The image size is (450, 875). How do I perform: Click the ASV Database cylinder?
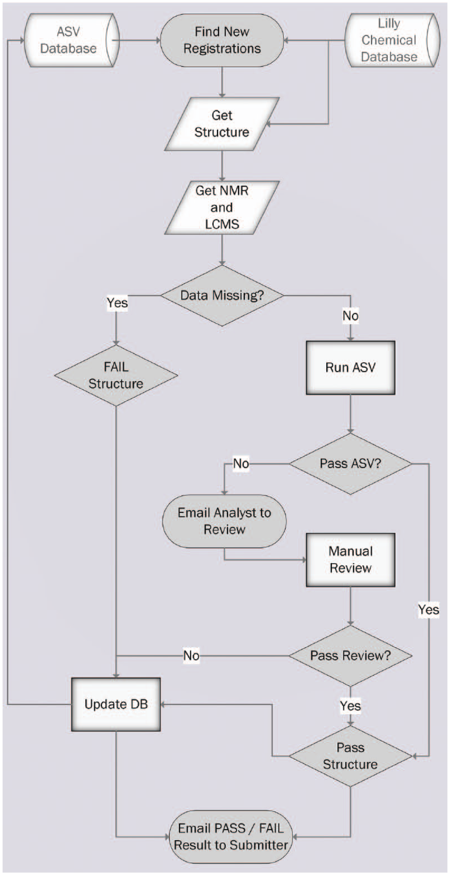point(70,40)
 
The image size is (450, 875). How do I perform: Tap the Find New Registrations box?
point(222,40)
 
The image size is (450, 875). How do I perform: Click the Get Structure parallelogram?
point(222,124)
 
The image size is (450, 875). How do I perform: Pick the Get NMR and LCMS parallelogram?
point(222,208)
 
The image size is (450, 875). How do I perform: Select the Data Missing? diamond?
point(222,295)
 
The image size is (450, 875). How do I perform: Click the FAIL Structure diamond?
point(116,375)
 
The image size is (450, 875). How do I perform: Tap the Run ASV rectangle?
point(350,368)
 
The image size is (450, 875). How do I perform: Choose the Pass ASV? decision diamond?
point(350,464)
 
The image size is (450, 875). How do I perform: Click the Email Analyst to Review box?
point(224,521)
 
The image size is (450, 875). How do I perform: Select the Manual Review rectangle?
point(350,560)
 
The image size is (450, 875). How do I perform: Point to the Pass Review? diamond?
point(350,656)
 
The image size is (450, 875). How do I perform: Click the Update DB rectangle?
point(116,705)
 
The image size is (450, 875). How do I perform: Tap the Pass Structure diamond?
point(350,756)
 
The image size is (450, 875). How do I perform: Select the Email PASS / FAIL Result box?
point(231,837)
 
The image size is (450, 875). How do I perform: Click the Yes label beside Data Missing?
point(117,303)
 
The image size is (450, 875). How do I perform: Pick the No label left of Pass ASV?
point(241,464)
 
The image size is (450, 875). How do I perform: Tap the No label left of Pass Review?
point(191,656)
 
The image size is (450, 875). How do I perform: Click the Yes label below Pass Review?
point(350,706)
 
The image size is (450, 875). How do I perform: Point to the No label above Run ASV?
point(350,316)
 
